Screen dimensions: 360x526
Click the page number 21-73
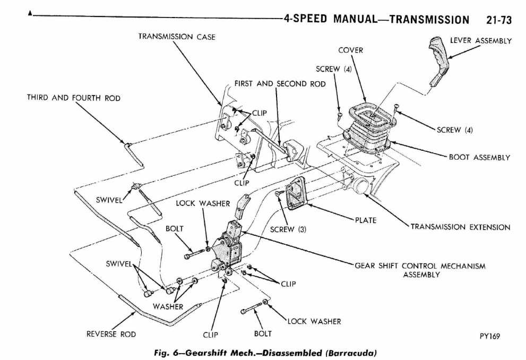pyautogui.click(x=498, y=20)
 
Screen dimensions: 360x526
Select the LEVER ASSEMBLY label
pyautogui.click(x=481, y=40)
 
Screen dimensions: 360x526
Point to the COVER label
pyautogui.click(x=350, y=50)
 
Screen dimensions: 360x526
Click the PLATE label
pyautogui.click(x=366, y=220)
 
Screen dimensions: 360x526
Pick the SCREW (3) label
pyautogui.click(x=289, y=230)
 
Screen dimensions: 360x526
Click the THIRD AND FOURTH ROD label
pyautogui.click(x=74, y=98)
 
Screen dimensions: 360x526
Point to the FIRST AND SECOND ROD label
pyautogui.click(x=280, y=84)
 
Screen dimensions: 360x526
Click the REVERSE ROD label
pyautogui.click(x=111, y=334)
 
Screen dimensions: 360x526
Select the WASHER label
pyautogui.click(x=168, y=306)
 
